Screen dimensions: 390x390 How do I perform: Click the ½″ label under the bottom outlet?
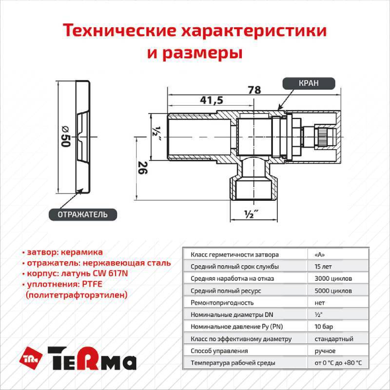click(250, 213)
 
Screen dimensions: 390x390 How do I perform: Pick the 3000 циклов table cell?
click(331, 278)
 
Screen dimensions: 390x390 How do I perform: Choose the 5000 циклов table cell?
click(331, 291)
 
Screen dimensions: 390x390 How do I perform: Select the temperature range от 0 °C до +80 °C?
click(338, 363)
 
